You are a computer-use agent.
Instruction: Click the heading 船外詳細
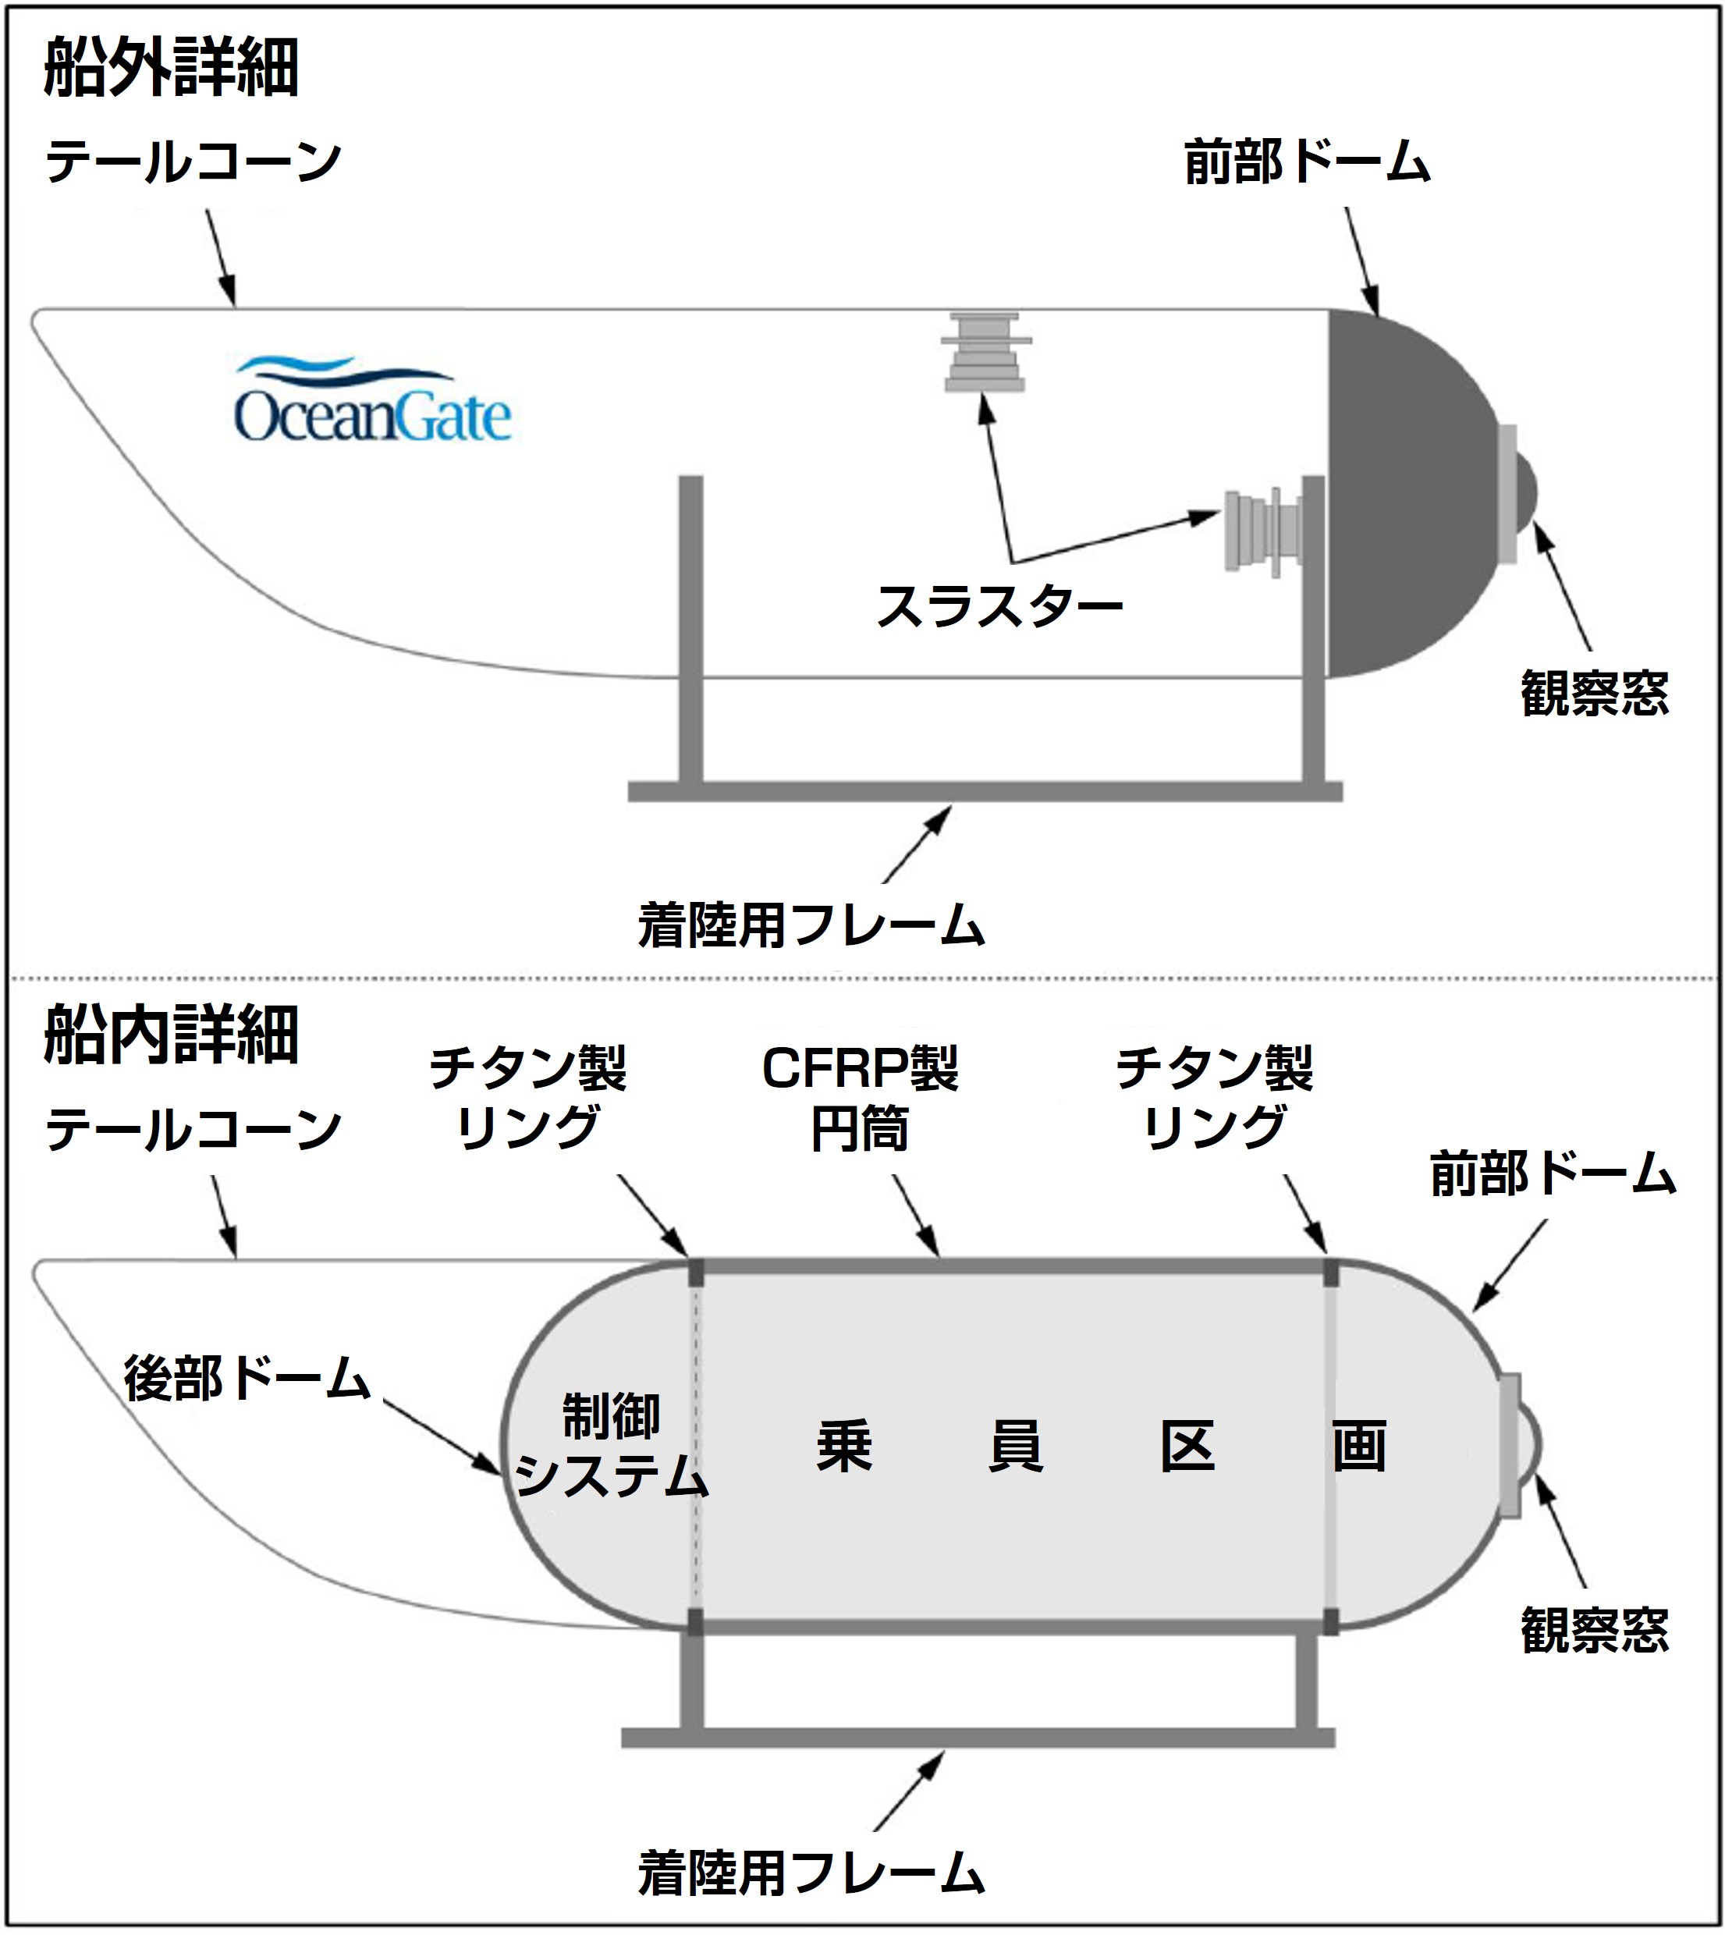click(x=172, y=67)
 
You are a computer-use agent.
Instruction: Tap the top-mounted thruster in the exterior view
click(x=985, y=353)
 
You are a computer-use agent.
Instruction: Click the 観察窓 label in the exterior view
click(x=1594, y=693)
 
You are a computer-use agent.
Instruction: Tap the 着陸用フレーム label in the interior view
click(x=811, y=1873)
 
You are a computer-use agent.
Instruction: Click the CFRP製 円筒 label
click(x=860, y=1099)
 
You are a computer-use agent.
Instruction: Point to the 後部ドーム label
click(x=247, y=1379)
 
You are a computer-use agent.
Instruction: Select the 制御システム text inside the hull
click(x=612, y=1446)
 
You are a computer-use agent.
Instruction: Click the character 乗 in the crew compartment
click(x=843, y=1447)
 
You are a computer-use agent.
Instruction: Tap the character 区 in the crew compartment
click(x=1187, y=1447)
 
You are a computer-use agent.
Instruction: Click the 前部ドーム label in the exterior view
click(x=1307, y=162)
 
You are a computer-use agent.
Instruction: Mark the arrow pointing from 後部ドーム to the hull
click(x=442, y=1437)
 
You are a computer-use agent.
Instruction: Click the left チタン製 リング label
click(x=528, y=1099)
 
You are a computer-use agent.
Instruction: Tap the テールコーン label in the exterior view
click(x=193, y=162)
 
